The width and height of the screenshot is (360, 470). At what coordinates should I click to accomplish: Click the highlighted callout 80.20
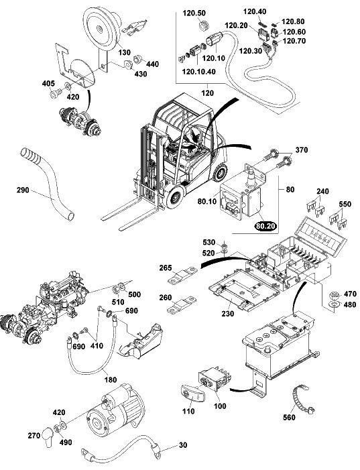coord(265,226)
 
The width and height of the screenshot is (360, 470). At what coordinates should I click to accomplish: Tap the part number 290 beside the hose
coord(23,190)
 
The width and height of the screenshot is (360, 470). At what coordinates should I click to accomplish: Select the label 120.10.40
coord(198,72)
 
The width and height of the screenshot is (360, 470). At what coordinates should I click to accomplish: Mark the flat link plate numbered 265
coord(182,276)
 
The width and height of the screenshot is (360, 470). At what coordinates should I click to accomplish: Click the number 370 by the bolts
coord(302,150)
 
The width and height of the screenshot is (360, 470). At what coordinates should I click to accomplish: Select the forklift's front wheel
coord(174,197)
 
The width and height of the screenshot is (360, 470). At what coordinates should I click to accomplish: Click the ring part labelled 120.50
coord(204,25)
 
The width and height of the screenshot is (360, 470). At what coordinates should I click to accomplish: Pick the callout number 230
coord(229,314)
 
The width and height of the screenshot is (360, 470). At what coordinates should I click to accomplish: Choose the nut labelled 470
coord(335,296)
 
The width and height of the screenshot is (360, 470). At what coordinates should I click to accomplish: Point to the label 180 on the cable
coord(111,379)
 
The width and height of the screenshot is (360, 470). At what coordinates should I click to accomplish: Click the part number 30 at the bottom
coord(183,445)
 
